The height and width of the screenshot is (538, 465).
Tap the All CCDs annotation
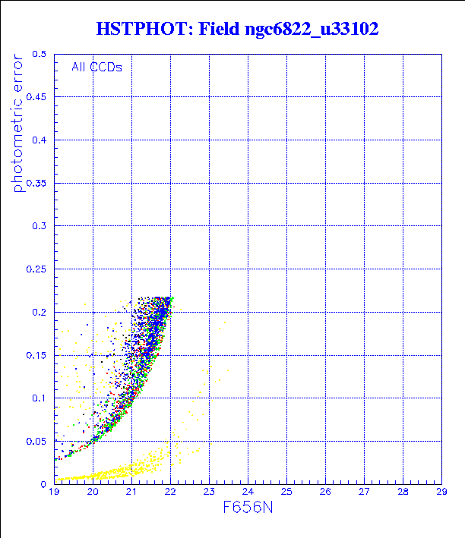96,67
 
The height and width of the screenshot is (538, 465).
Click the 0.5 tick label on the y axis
40,55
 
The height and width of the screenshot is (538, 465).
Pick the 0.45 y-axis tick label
37,97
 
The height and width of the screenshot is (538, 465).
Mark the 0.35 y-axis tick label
37,183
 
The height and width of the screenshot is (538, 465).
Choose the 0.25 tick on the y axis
37,269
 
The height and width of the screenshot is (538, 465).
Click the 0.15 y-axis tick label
37,354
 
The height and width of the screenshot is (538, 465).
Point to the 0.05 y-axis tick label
37,441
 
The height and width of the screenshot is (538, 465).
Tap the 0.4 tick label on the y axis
40,140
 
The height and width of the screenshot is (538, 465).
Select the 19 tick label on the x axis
54,492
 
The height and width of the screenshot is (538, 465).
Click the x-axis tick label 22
170,492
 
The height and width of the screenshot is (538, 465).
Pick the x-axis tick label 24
248,492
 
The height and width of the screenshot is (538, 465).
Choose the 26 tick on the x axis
325,492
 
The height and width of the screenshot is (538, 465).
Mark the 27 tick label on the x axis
364,492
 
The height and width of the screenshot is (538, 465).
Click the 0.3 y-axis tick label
40,226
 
